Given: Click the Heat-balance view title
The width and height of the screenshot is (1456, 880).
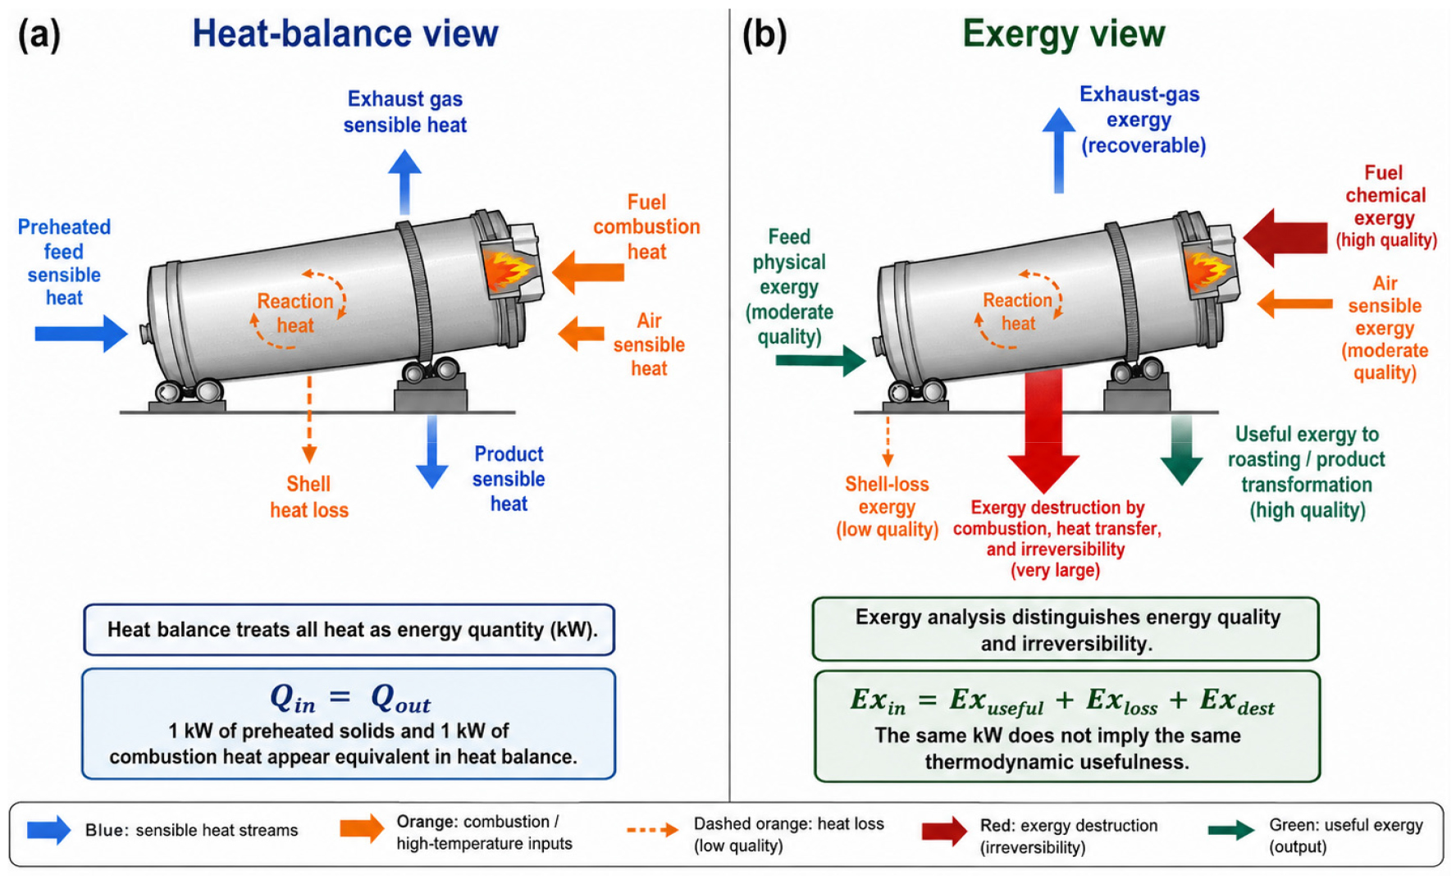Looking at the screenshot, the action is (x=345, y=34).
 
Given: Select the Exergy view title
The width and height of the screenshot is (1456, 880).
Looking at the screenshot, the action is (x=1063, y=34).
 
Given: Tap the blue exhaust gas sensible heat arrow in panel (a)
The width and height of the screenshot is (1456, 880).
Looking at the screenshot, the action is (x=404, y=182).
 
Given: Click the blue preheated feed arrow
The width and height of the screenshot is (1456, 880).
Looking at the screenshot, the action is (x=81, y=334).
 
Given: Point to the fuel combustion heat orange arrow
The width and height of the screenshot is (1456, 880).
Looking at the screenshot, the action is (x=588, y=271).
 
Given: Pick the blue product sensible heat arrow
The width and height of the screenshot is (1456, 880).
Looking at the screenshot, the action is (x=431, y=452).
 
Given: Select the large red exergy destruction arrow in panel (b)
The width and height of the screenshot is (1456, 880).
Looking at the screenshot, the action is (x=1043, y=431).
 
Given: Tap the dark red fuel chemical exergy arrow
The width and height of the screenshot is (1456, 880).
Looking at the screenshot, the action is (x=1285, y=237).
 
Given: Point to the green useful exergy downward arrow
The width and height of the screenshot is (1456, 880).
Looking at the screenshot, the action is (x=1181, y=449).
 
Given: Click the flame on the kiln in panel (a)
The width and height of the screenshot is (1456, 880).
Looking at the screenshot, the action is (x=509, y=269).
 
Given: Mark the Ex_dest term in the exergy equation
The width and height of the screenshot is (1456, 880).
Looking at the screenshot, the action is (x=1237, y=701).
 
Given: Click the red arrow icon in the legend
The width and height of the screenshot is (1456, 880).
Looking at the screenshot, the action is (x=944, y=831).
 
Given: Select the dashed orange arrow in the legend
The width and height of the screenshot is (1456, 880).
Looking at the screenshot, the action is (x=652, y=830).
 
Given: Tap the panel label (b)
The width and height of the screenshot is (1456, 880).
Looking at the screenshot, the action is (x=764, y=35).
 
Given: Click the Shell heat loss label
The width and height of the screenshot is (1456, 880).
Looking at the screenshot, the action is (x=309, y=497).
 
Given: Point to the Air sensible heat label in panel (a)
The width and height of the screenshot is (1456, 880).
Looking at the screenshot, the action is (x=649, y=344).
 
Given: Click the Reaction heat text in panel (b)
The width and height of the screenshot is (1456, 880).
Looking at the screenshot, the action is (x=1018, y=312).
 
